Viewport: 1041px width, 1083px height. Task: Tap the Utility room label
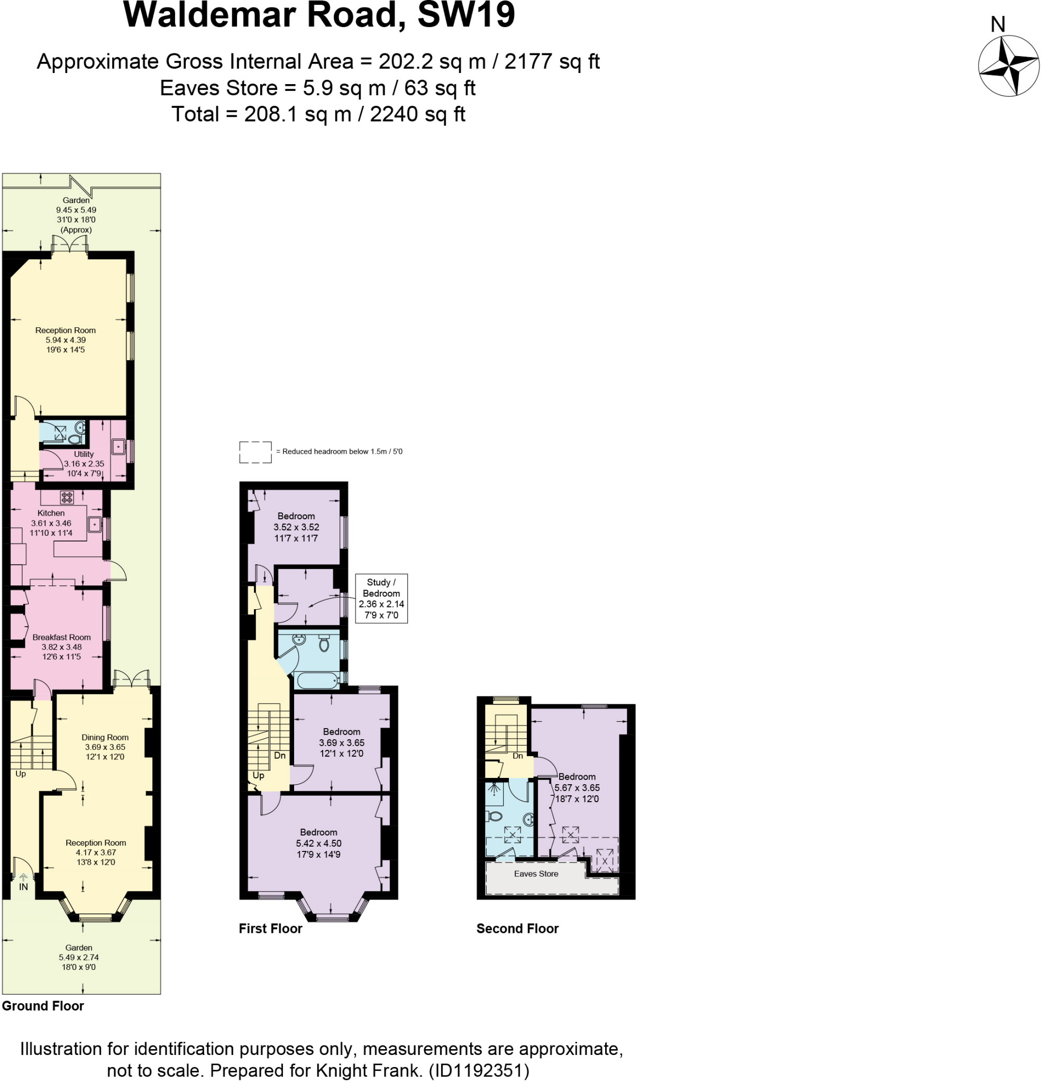click(84, 454)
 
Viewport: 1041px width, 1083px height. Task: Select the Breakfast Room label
click(61, 637)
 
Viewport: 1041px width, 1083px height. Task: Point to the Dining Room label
click(105, 737)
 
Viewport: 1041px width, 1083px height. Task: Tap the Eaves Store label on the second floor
click(536, 874)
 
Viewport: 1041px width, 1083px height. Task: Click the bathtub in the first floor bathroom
click(316, 680)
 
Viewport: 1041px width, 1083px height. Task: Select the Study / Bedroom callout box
click(381, 599)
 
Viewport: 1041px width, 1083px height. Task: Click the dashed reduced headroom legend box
click(255, 452)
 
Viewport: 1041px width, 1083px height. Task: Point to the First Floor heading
click(270, 928)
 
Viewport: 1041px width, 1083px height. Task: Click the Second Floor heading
click(517, 928)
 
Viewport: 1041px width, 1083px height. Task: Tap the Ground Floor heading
click(42, 1006)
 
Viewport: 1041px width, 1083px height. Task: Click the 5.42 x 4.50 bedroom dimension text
click(318, 843)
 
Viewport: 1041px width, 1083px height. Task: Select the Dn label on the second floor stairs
click(517, 756)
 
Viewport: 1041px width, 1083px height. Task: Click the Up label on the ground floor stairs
click(21, 774)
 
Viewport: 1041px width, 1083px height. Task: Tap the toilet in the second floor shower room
click(495, 816)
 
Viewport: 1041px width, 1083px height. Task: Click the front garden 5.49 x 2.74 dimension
click(78, 957)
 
